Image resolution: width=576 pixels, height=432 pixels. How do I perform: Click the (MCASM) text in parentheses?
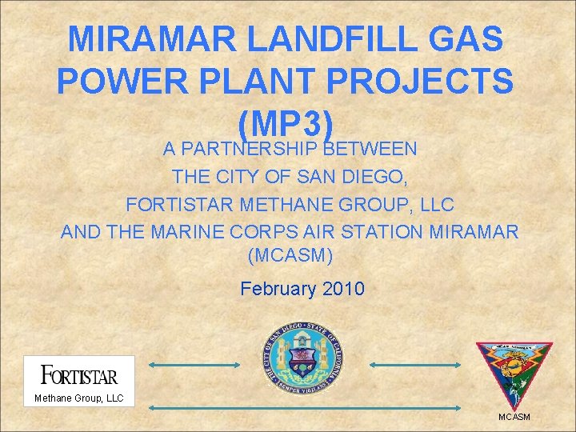[290, 258]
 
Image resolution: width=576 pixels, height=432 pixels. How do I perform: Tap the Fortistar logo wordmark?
[78, 375]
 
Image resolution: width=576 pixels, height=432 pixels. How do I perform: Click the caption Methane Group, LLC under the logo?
[78, 398]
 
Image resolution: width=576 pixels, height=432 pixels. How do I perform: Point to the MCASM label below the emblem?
[514, 417]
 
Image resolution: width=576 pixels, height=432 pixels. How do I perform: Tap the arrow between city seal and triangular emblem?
[414, 365]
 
